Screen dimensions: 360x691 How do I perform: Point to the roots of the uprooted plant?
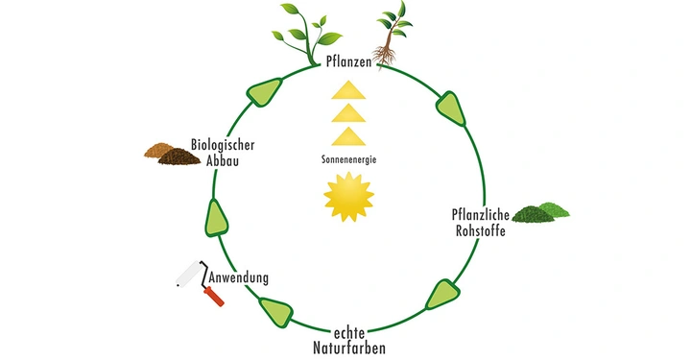pos(386,56)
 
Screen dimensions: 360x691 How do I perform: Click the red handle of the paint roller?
pos(215,297)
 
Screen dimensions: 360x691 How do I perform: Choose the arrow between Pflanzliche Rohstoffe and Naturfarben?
pos(442,292)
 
